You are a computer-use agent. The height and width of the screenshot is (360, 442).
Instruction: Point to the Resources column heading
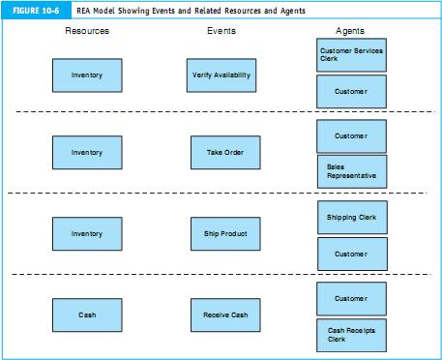(x=87, y=31)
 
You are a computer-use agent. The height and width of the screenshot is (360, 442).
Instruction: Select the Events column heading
(x=221, y=31)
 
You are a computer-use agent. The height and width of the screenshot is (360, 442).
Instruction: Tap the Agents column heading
(x=350, y=31)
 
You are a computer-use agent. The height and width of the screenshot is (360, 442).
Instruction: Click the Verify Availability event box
(x=221, y=75)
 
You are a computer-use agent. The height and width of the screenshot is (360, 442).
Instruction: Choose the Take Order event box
(x=225, y=152)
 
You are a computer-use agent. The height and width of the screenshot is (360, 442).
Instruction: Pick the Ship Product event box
(x=225, y=233)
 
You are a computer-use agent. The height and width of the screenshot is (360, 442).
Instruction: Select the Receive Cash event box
(x=225, y=315)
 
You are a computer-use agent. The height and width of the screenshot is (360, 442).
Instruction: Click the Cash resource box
(x=87, y=315)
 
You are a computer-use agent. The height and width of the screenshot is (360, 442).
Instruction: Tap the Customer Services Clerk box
(x=351, y=55)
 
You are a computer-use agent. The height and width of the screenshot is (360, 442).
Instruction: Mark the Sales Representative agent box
(x=351, y=171)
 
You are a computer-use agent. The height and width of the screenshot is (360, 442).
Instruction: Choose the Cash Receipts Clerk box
(x=351, y=335)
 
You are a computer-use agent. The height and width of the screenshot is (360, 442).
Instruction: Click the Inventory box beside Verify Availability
(x=87, y=75)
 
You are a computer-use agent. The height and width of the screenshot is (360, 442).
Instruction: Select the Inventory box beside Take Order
(x=87, y=152)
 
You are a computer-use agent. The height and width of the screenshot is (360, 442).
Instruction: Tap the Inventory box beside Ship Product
(x=87, y=233)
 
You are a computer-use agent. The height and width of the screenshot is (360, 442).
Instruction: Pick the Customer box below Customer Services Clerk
(x=351, y=91)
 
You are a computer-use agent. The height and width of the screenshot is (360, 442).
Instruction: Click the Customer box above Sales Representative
(x=351, y=135)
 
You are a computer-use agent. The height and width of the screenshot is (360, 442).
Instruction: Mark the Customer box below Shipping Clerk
(x=351, y=254)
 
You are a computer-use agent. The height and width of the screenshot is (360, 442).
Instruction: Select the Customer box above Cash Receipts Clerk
(x=351, y=298)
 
